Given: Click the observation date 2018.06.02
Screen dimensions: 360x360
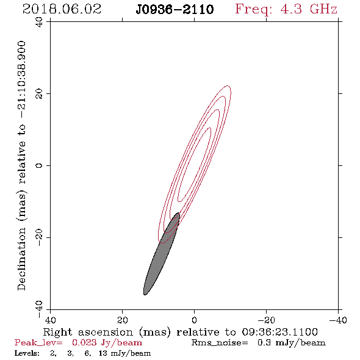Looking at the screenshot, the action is [x=62, y=9].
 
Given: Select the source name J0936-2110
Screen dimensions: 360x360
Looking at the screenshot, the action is [x=175, y=10].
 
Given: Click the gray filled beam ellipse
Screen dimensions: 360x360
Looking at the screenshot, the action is [x=162, y=254].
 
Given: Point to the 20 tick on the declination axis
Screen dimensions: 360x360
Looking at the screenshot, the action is [x=40, y=94].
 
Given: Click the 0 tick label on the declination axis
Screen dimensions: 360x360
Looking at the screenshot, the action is [x=40, y=165].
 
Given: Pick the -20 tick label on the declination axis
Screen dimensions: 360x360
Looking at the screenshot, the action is [x=40, y=237].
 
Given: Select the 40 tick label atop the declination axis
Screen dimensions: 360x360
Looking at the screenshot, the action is [x=40, y=22].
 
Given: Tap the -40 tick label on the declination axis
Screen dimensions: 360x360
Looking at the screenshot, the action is [x=40, y=309].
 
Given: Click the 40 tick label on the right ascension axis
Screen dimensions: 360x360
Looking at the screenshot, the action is [x=50, y=320].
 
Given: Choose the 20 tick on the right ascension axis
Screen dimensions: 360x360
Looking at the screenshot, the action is [x=123, y=320].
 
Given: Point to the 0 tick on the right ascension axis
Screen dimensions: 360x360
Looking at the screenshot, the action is [x=195, y=320].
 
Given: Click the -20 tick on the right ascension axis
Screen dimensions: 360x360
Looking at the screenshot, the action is [x=266, y=320].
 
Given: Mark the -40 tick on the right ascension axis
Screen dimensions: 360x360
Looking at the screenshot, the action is [x=338, y=320].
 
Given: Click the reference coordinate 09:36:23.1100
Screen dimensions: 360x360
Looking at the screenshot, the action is [x=280, y=332].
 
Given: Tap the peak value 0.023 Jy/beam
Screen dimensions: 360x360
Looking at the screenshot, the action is [x=107, y=343].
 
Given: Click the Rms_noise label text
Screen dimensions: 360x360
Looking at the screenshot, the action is [x=220, y=343].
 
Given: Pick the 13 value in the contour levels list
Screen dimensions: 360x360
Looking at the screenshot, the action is [x=103, y=353].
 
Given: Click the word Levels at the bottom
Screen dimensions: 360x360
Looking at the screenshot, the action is [x=27, y=353].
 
